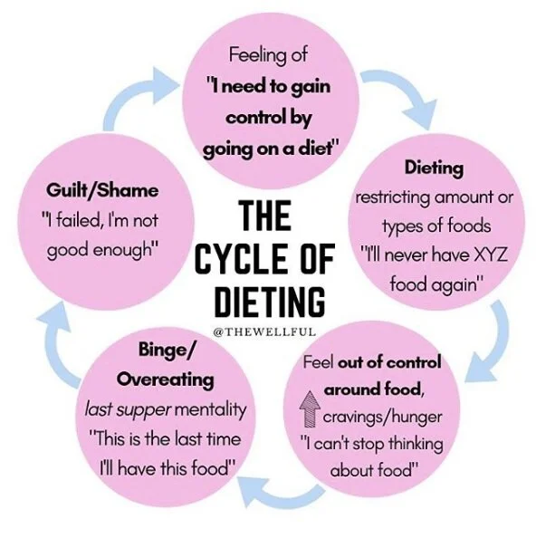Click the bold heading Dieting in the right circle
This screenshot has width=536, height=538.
435,168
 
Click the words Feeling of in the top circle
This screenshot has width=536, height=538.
269,55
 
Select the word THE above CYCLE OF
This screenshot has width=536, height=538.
264,217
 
